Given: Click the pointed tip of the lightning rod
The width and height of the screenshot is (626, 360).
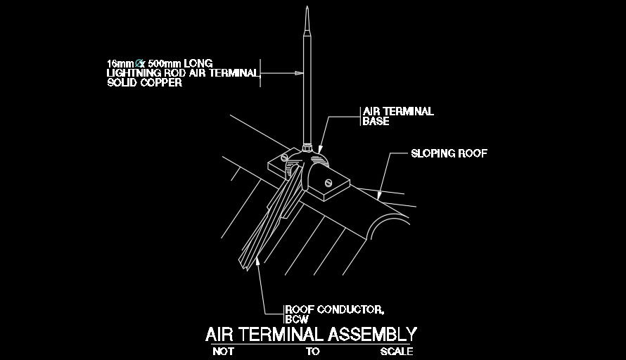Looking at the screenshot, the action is tap(307, 7).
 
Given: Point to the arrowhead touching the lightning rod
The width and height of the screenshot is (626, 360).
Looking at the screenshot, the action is tap(299, 73).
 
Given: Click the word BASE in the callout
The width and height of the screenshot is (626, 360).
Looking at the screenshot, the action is tap(376, 121).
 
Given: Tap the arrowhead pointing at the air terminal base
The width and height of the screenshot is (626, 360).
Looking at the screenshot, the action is tap(320, 149).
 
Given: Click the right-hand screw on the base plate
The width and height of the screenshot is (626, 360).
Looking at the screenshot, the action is tap(328, 183).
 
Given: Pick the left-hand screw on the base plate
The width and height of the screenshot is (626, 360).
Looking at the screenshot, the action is tap(284, 157).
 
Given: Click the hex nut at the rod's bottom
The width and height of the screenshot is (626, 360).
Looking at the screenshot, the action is tap(307, 149).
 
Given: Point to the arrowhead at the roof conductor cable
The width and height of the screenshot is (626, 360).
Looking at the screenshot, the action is tap(257, 262).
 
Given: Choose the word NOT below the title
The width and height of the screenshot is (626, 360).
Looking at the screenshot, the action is tap(223, 352).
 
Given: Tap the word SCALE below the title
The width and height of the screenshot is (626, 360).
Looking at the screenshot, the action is tap(397, 352).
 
